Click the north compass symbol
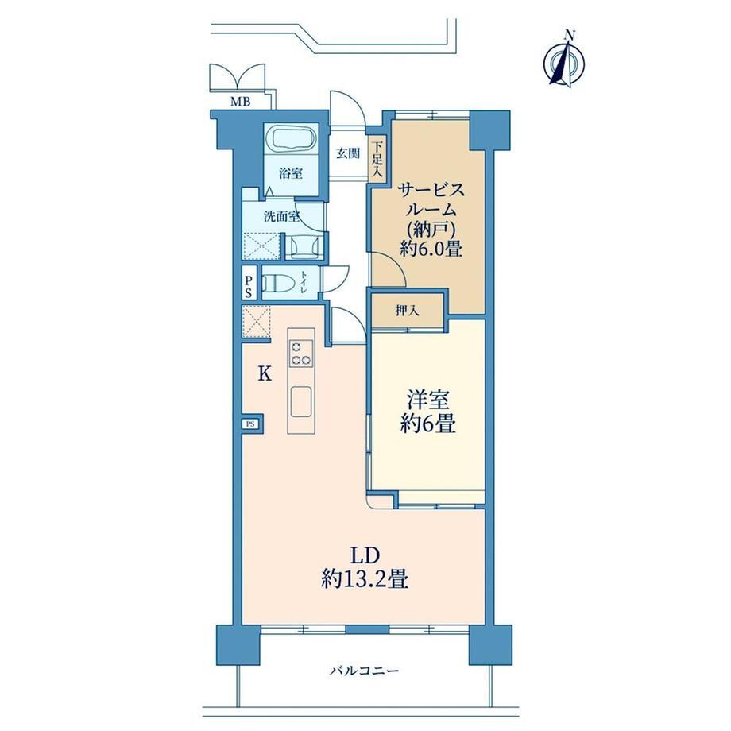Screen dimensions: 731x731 564,60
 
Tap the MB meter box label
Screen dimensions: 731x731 241,101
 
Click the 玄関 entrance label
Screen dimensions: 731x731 348,153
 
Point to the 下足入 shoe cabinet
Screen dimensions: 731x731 377,158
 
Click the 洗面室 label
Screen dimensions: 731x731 281,216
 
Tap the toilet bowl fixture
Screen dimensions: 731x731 277,283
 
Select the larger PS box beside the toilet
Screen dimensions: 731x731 249,286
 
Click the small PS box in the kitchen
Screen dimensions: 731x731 251,424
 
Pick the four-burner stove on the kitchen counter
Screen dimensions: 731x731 301,354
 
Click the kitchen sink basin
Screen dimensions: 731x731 301,402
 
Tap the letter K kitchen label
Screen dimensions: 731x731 265,374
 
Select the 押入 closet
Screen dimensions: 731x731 407,310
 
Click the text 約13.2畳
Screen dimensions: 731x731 365,579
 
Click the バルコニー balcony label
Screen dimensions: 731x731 365,671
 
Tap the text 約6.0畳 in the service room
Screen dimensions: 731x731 431,249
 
